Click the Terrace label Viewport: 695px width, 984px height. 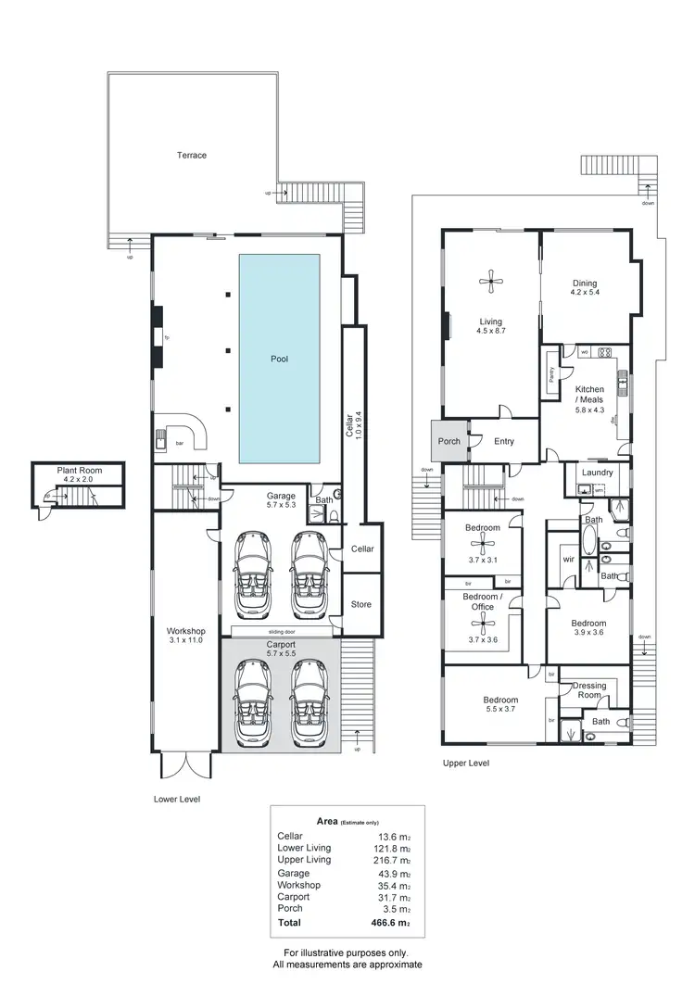(192, 155)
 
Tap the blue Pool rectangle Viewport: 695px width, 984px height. (280, 360)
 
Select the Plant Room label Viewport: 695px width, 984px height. (79, 471)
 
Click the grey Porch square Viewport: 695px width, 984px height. (449, 441)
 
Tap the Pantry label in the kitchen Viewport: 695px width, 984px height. (554, 374)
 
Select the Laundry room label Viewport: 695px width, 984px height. (598, 473)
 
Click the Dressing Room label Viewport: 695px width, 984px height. (590, 691)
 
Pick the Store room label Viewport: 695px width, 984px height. (360, 605)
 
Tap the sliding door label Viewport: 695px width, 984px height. (280, 631)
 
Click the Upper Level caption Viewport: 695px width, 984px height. (466, 763)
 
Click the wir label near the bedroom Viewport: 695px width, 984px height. (568, 561)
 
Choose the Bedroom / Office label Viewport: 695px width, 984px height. (483, 601)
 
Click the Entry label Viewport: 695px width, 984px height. (503, 441)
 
